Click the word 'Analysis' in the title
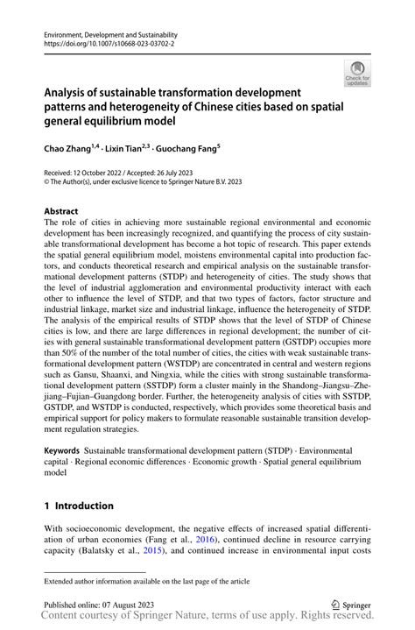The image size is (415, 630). coord(66,92)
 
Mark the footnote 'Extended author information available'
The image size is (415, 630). coord(139,581)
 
